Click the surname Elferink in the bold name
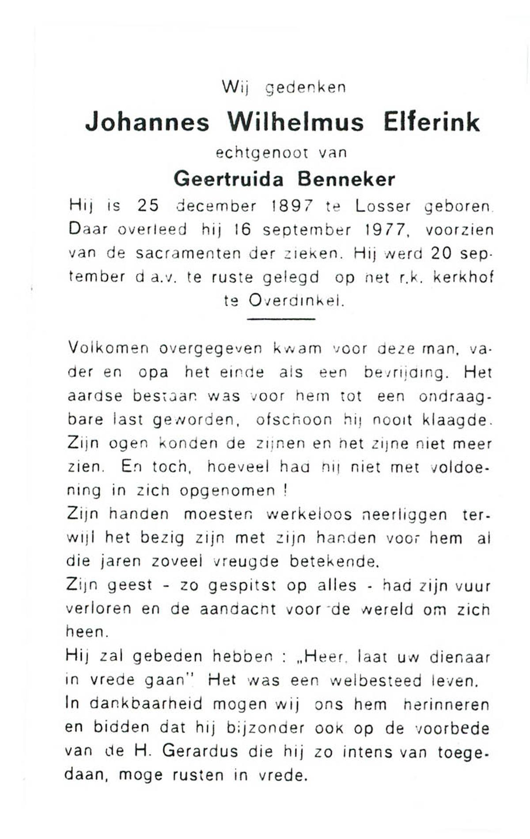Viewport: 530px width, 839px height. (431, 122)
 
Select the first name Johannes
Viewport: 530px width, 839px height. (147, 122)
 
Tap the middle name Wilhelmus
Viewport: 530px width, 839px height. (295, 122)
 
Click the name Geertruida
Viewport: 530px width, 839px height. (228, 179)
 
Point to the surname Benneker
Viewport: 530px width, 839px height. (346, 179)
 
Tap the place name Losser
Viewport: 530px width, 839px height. (383, 206)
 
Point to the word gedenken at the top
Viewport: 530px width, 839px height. (305, 87)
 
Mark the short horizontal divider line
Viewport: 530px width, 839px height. (281, 319)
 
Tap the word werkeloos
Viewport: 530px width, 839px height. (309, 515)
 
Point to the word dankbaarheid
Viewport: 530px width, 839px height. (140, 704)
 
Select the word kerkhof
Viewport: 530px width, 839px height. (463, 277)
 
